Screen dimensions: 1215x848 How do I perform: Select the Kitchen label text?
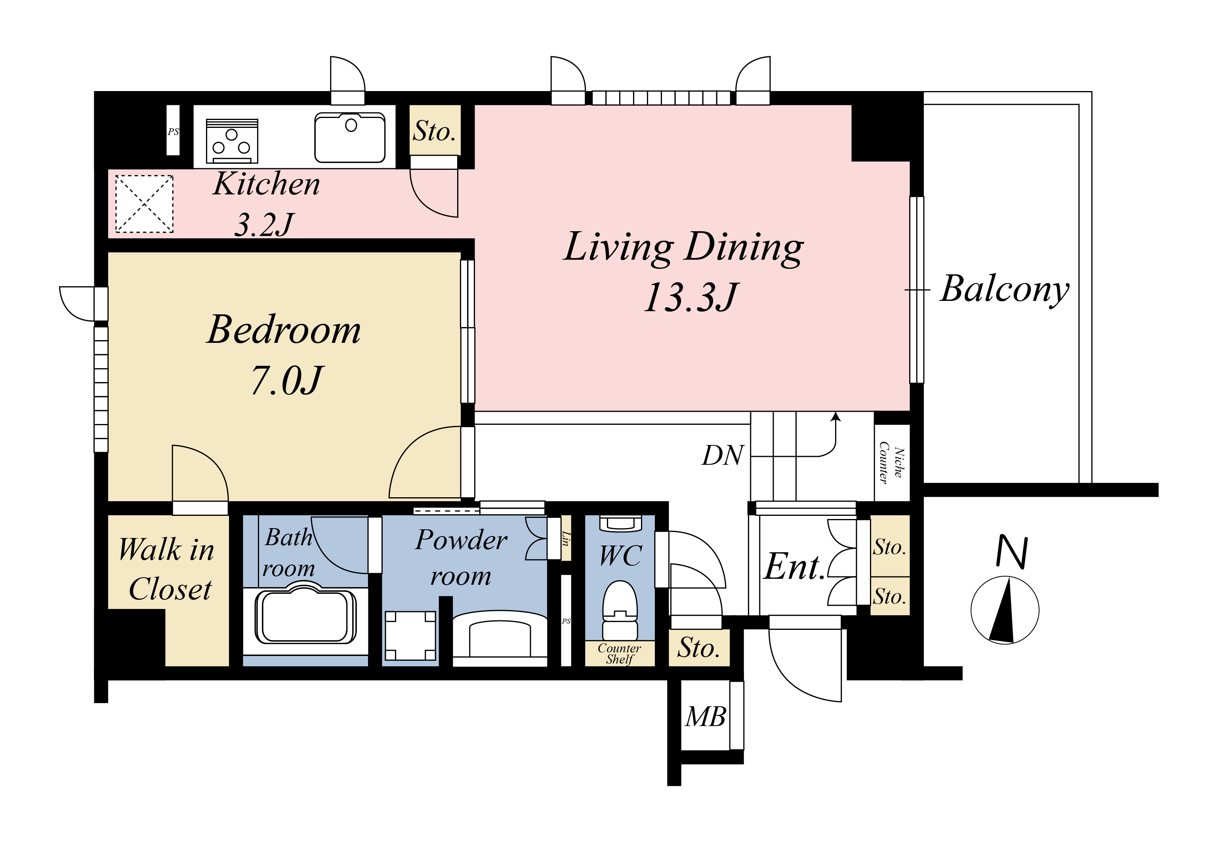coord(267,184)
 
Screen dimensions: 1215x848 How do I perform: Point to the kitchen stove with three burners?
coord(232,141)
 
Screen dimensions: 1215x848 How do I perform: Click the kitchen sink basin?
coord(350,137)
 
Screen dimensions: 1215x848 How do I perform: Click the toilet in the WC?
coord(620,610)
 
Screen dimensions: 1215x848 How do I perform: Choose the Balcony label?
coord(1004,290)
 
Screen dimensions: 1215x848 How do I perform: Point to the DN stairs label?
coord(723,455)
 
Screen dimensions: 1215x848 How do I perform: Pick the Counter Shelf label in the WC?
coord(619,654)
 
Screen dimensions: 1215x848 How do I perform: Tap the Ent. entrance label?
coord(794,567)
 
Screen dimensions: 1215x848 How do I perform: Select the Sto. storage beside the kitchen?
coord(435,131)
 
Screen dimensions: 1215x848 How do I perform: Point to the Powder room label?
coord(461,557)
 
